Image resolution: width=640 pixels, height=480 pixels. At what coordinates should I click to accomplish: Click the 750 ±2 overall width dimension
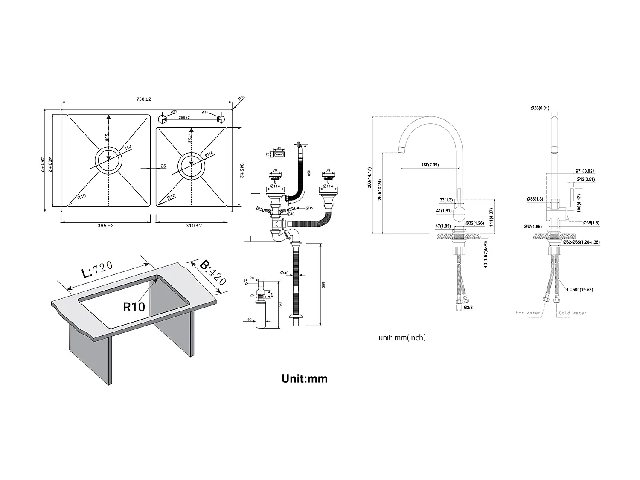coord(144,99)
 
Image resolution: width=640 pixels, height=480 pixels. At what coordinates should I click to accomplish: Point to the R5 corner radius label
coord(241,98)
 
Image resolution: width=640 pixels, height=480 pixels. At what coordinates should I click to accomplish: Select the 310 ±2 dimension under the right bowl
coord(194,226)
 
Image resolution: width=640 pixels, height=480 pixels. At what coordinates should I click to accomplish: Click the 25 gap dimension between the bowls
coord(163,166)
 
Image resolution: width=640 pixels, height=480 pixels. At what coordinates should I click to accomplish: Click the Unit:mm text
coord(304,378)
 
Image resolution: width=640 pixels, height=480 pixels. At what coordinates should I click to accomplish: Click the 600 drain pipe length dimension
coord(323,285)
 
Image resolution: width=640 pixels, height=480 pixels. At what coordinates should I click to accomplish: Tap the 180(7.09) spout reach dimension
coord(430,165)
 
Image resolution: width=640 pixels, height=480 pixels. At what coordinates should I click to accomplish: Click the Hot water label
coord(528,313)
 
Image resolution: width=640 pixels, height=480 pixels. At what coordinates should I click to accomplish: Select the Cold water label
coord(573,313)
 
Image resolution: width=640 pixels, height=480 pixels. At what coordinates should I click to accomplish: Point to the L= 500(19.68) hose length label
coord(580,290)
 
